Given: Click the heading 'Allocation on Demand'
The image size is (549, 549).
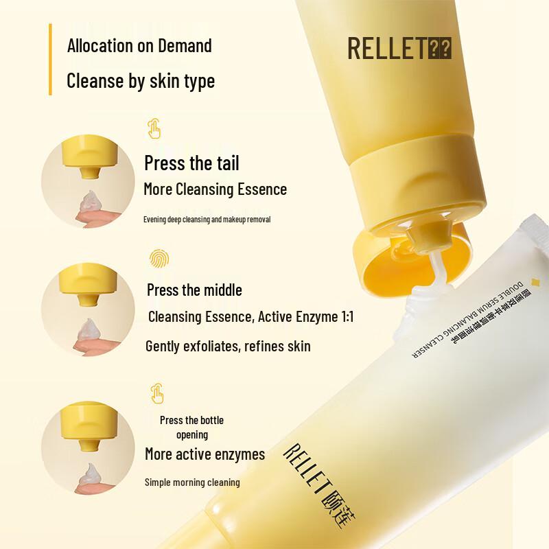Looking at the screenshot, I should pyautogui.click(x=139, y=46).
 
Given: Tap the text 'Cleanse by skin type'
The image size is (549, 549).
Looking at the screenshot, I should pyautogui.click(x=141, y=81).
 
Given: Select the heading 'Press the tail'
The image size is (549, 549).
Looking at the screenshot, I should pyautogui.click(x=191, y=163).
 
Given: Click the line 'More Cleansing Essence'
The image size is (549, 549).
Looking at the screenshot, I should pyautogui.click(x=215, y=189).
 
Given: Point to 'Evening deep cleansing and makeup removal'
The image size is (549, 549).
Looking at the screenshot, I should pyautogui.click(x=207, y=220).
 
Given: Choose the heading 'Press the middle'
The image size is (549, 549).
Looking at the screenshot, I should pyautogui.click(x=194, y=290).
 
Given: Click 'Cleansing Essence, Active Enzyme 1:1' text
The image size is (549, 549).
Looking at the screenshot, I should pyautogui.click(x=251, y=317).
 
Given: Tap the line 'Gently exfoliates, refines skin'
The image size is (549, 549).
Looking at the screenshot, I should pyautogui.click(x=228, y=346).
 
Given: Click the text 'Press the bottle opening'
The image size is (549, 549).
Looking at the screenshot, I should pyautogui.click(x=191, y=427).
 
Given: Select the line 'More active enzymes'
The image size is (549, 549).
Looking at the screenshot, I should pyautogui.click(x=205, y=454).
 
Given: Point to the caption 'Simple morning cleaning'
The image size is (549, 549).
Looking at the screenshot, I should pyautogui.click(x=192, y=482).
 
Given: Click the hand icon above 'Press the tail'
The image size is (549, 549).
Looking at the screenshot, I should pyautogui.click(x=155, y=128).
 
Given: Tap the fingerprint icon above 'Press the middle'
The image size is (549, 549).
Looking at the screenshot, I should pyautogui.click(x=159, y=259).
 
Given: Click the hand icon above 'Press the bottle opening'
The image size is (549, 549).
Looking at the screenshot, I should pyautogui.click(x=156, y=393).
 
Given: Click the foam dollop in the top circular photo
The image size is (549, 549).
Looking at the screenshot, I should pyautogui.click(x=89, y=204).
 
